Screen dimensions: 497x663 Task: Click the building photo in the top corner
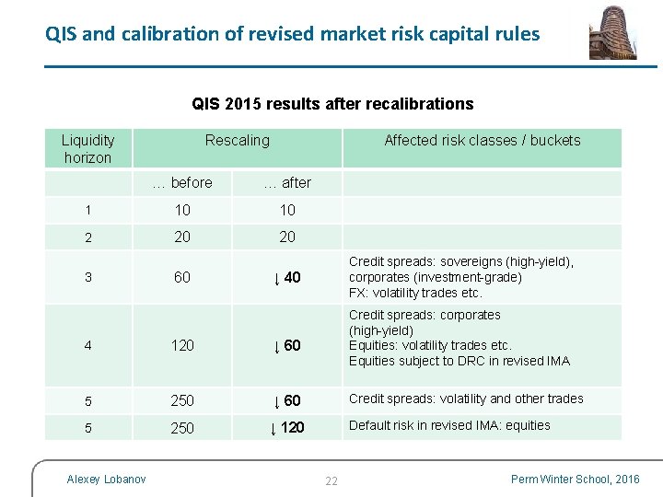click(x=612, y=32)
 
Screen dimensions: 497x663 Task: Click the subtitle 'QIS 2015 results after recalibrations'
click(x=332, y=104)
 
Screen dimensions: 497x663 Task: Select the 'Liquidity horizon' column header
click(x=87, y=148)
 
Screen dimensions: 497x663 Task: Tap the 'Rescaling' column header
click(x=238, y=140)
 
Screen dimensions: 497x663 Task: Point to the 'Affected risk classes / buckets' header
click(x=482, y=140)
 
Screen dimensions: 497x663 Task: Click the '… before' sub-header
click(x=182, y=182)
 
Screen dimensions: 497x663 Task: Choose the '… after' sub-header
click(x=287, y=182)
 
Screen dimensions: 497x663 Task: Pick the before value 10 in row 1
click(x=182, y=210)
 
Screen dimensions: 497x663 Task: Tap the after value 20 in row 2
click(x=287, y=237)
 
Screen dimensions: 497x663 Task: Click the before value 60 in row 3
click(x=182, y=277)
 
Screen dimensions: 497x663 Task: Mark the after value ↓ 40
click(x=286, y=277)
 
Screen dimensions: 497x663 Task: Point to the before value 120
click(x=182, y=345)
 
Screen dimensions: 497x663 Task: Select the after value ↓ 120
click(x=286, y=427)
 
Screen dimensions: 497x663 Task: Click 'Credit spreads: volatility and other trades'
click(x=466, y=399)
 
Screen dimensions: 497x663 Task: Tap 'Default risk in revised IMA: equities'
click(x=449, y=425)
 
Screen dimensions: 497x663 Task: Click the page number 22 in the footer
click(x=331, y=480)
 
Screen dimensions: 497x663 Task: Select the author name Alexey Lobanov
click(x=106, y=479)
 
